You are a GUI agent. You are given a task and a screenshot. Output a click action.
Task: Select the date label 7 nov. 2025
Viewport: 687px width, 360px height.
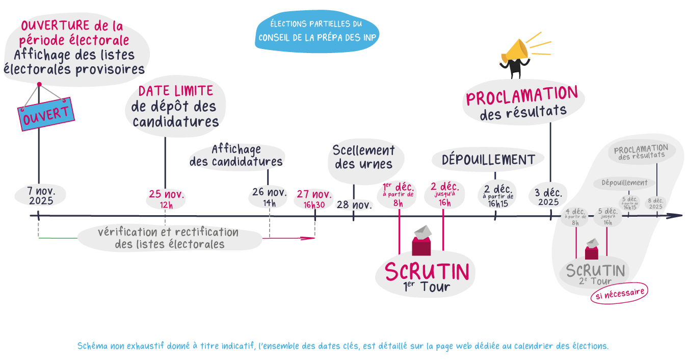point(41,195)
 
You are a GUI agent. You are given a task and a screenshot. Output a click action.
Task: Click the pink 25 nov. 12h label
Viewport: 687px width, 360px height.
point(166,199)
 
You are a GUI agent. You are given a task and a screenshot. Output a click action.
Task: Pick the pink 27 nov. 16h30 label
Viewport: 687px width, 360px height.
point(314,199)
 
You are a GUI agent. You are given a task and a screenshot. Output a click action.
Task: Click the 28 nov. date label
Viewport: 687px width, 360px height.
point(354,205)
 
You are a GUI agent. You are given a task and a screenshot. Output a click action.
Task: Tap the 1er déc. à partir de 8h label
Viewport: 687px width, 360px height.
point(399,194)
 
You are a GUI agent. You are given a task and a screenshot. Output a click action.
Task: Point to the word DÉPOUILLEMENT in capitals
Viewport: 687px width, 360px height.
point(488,160)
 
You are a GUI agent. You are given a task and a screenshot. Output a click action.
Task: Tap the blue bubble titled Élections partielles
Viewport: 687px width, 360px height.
point(317,31)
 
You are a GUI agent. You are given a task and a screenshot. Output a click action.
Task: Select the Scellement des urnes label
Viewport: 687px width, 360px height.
point(363,157)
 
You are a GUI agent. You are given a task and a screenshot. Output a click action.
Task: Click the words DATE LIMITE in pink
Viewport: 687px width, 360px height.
point(175,91)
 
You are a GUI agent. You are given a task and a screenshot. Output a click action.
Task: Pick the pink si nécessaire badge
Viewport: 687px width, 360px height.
point(619,293)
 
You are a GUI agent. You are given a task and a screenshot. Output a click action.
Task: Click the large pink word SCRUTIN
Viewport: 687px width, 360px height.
point(427,271)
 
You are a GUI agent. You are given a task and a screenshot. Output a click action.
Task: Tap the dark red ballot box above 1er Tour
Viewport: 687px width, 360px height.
point(421,243)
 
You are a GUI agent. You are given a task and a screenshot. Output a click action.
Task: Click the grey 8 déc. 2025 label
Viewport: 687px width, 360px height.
point(655,203)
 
